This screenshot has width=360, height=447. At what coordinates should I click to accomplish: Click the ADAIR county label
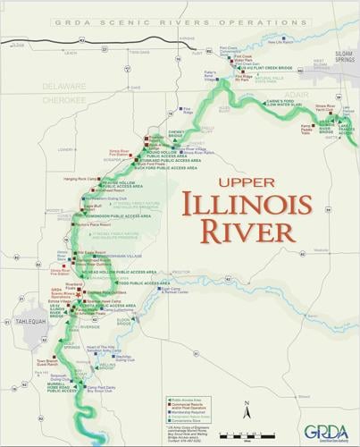pos(295,92)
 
